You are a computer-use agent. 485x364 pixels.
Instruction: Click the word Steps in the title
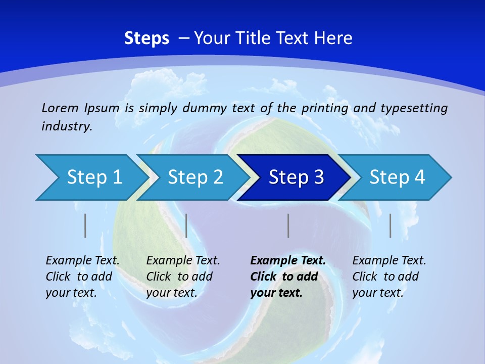[147, 38]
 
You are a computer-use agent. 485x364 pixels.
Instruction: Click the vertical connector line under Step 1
[85, 225]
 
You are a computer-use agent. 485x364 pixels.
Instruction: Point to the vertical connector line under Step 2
[186, 225]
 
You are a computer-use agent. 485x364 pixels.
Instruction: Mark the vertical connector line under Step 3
[288, 225]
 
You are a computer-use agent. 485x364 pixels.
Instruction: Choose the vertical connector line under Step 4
[390, 225]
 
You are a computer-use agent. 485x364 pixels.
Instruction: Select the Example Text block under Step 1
[82, 277]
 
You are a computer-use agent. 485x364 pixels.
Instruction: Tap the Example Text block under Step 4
[389, 277]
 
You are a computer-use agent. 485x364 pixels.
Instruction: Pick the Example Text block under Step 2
[183, 277]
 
